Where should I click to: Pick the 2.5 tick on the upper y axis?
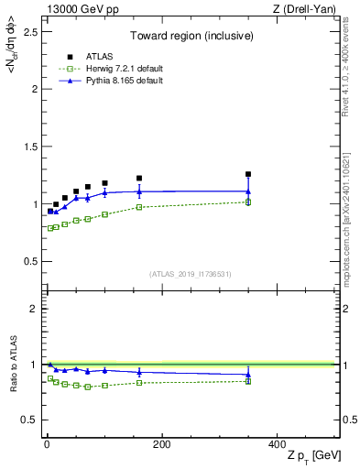pyautogui.click(x=29, y=31)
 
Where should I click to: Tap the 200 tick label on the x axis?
pyautogui.click(x=161, y=444)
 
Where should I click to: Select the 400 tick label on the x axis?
pyautogui.click(x=276, y=444)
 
